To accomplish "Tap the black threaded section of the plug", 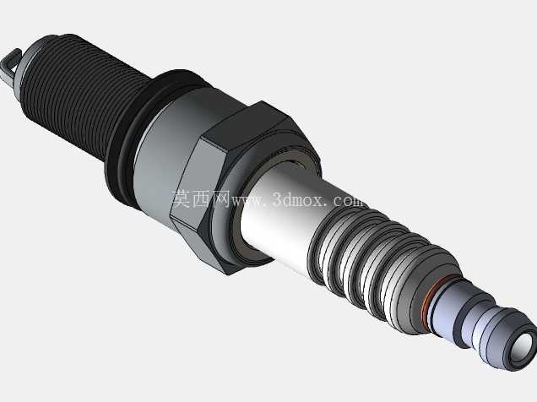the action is [82, 92].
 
